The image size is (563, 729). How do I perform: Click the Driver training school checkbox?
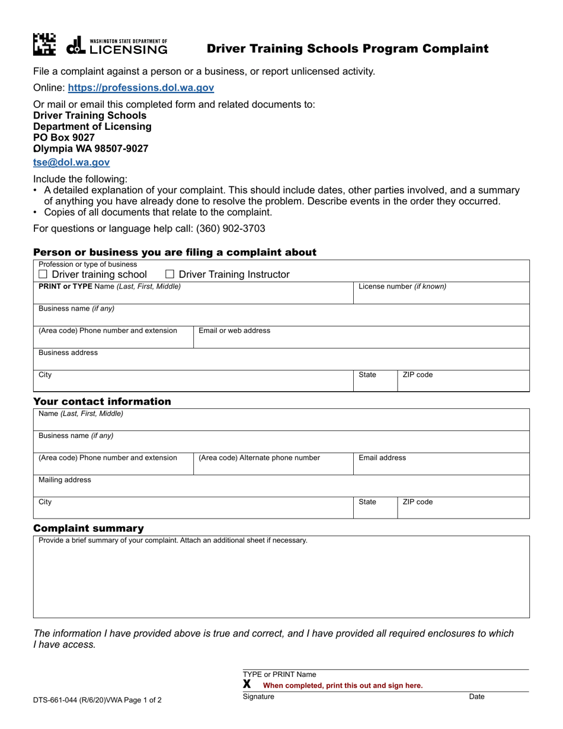point(43,274)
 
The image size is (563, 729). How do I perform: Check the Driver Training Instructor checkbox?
point(169,274)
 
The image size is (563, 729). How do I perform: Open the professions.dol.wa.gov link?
point(141,88)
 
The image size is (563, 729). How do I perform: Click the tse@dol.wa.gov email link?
point(71,162)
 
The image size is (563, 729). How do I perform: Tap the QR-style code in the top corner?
point(44,45)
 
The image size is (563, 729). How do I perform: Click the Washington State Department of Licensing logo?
point(117,46)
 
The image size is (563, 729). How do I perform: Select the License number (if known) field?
point(441,296)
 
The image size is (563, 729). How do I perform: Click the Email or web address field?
point(361,339)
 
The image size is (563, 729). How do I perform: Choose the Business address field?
point(281,362)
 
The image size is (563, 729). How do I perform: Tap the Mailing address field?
point(281,488)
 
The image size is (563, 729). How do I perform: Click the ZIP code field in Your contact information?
point(463,510)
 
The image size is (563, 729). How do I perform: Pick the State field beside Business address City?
point(375,383)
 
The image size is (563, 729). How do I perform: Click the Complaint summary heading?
point(88,528)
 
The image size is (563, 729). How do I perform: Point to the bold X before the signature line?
point(247,685)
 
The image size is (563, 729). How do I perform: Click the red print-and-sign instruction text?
point(343,686)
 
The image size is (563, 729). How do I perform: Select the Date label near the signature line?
point(476,697)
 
